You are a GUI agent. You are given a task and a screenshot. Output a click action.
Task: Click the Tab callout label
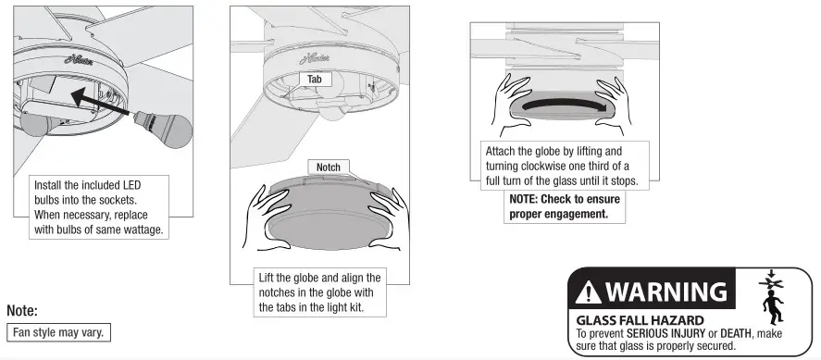tap(314, 80)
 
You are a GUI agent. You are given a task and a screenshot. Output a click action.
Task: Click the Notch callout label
tap(329, 168)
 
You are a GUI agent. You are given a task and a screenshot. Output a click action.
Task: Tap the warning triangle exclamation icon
tap(589, 293)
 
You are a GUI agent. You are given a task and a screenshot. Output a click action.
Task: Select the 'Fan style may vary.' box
tap(59, 331)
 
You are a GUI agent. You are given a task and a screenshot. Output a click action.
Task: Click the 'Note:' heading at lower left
tap(21, 311)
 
